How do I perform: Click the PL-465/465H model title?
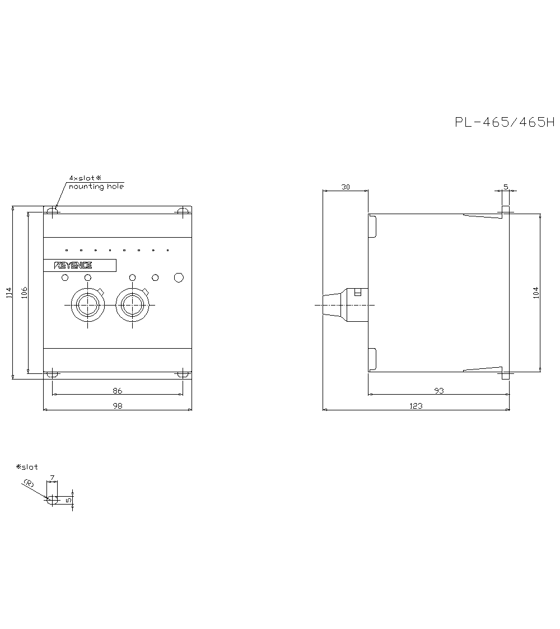click(x=503, y=123)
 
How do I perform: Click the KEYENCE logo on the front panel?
click(x=73, y=266)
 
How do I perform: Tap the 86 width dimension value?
click(x=117, y=391)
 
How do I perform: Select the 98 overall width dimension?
click(x=117, y=406)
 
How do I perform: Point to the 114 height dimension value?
click(x=8, y=292)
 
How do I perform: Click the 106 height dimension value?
click(x=24, y=292)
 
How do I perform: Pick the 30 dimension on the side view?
click(x=346, y=187)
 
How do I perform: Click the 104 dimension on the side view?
click(x=536, y=292)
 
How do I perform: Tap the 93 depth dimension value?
click(x=438, y=391)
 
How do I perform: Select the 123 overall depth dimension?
click(x=416, y=406)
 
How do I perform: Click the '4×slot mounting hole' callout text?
click(x=95, y=182)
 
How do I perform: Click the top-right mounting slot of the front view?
click(x=182, y=211)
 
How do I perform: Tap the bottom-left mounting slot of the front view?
click(x=52, y=374)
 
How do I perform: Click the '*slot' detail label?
click(x=27, y=467)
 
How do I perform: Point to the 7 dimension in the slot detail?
click(x=52, y=478)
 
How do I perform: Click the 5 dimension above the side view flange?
click(x=506, y=187)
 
